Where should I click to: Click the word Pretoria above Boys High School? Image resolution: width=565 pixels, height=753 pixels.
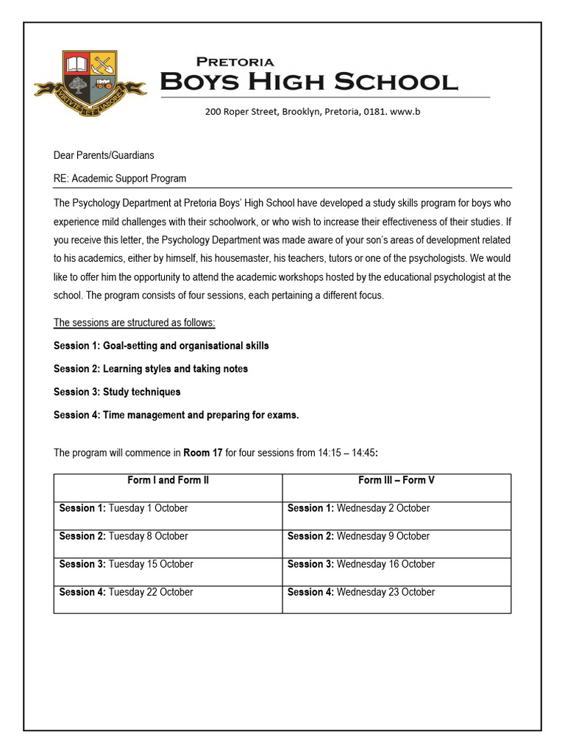(x=235, y=62)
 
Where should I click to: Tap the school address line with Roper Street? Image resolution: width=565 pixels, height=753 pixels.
(x=313, y=112)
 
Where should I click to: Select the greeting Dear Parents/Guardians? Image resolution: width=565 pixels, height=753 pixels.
(x=104, y=155)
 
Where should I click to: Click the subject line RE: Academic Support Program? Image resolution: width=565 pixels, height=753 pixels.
(x=120, y=178)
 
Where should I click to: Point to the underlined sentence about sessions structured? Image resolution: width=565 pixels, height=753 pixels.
(x=134, y=323)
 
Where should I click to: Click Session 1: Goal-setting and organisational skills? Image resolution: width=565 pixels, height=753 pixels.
(x=161, y=346)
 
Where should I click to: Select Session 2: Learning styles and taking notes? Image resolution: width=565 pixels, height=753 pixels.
(x=151, y=368)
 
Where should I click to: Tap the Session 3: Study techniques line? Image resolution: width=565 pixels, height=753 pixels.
(x=117, y=392)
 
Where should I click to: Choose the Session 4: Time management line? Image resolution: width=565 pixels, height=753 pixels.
(x=177, y=415)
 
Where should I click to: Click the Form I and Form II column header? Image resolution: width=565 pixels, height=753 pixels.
(x=168, y=480)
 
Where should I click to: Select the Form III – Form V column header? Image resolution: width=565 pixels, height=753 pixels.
(x=397, y=480)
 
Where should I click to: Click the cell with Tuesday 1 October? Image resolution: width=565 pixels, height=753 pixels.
(x=168, y=508)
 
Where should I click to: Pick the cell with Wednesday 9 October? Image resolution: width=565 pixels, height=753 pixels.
(x=397, y=536)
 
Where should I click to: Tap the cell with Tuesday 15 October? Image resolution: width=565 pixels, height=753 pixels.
(x=168, y=564)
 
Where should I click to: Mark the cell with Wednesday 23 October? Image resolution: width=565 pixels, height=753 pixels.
(x=397, y=592)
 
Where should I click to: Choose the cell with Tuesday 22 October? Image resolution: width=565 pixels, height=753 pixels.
(x=168, y=592)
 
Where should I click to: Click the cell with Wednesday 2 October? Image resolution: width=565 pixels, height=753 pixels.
(x=397, y=508)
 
